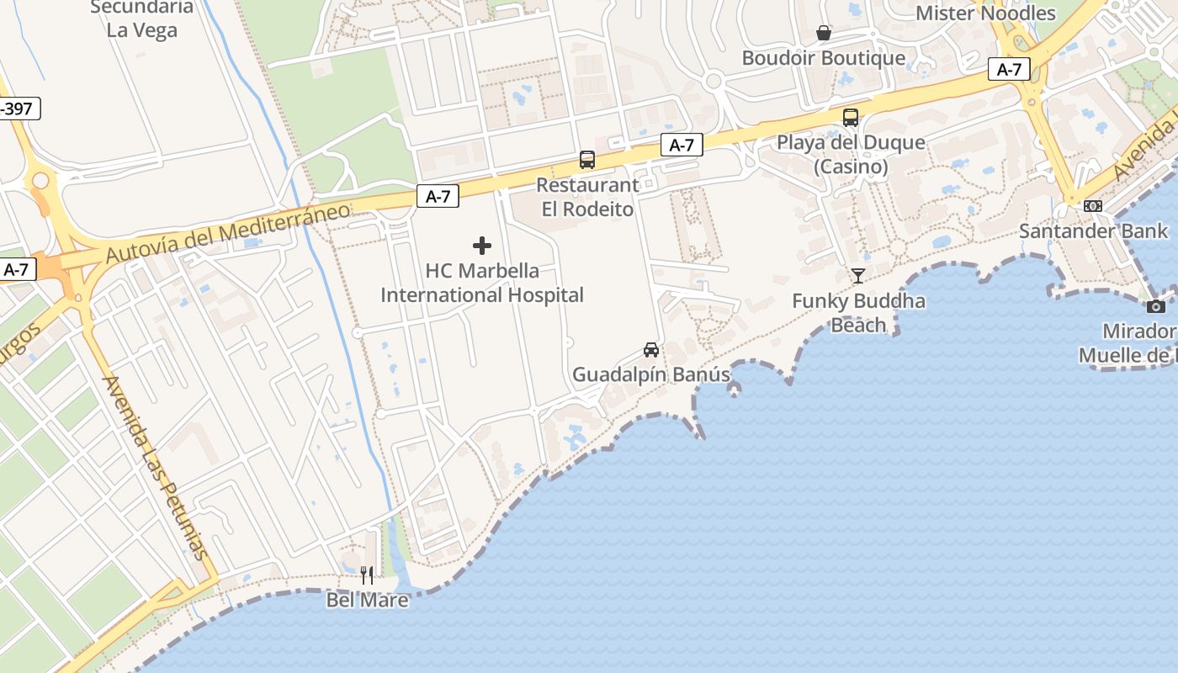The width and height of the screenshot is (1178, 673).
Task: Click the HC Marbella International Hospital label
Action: (x=482, y=283)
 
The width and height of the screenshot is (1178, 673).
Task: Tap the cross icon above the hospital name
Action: (x=482, y=246)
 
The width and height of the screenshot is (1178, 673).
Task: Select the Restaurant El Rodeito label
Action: (x=587, y=197)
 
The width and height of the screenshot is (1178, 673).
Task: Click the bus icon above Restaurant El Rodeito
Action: (x=587, y=160)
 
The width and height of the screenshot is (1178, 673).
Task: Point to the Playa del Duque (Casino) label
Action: (x=851, y=154)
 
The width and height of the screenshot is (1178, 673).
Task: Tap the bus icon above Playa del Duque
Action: (x=851, y=118)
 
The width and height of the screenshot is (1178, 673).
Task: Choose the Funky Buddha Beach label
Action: (x=858, y=313)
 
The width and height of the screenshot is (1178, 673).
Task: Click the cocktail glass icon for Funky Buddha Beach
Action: (x=858, y=275)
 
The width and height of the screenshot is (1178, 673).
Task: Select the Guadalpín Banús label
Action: (x=651, y=374)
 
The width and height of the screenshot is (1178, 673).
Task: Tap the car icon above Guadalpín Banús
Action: (x=650, y=349)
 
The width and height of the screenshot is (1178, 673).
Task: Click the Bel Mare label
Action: (x=368, y=600)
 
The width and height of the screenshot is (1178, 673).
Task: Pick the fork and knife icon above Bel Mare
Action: (x=367, y=575)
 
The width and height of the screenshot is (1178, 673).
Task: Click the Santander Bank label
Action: (x=1094, y=231)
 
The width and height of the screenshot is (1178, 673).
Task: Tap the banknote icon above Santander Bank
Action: (x=1093, y=206)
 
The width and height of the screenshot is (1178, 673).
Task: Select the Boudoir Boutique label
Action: (x=824, y=58)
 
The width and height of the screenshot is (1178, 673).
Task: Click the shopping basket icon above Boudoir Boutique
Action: (x=824, y=33)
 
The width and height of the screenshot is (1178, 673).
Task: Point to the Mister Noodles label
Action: (x=985, y=13)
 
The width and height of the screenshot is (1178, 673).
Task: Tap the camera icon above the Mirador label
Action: (x=1156, y=306)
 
